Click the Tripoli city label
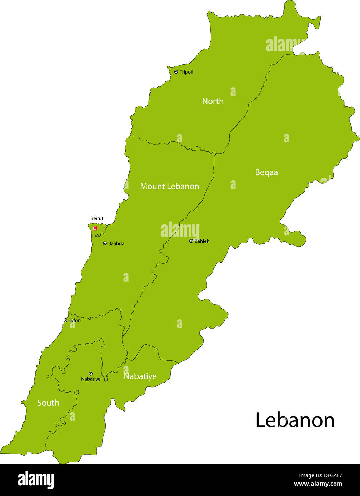186,72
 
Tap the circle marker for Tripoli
176,72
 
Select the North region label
213,101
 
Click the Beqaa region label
266,172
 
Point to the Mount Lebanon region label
170,186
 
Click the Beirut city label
97,219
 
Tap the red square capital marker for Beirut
95,228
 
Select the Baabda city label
116,244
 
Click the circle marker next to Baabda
105,243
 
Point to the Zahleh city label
202,241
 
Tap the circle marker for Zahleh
191,241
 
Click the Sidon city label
74,320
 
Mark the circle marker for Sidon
65,320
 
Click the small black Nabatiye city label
91,379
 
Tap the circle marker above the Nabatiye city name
90,374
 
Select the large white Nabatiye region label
140,376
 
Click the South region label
48,403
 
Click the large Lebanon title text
295,420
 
